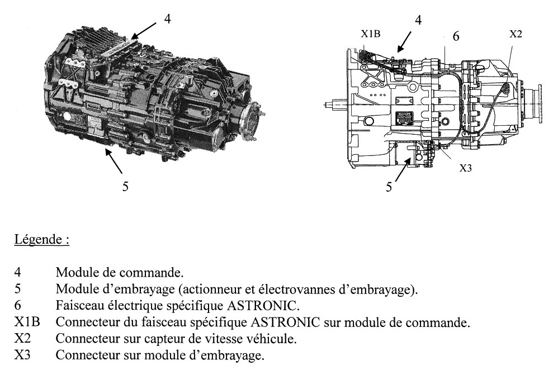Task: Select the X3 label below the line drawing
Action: (466, 167)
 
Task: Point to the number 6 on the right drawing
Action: (456, 36)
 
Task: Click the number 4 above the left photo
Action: (167, 18)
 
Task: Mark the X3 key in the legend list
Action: (22, 355)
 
